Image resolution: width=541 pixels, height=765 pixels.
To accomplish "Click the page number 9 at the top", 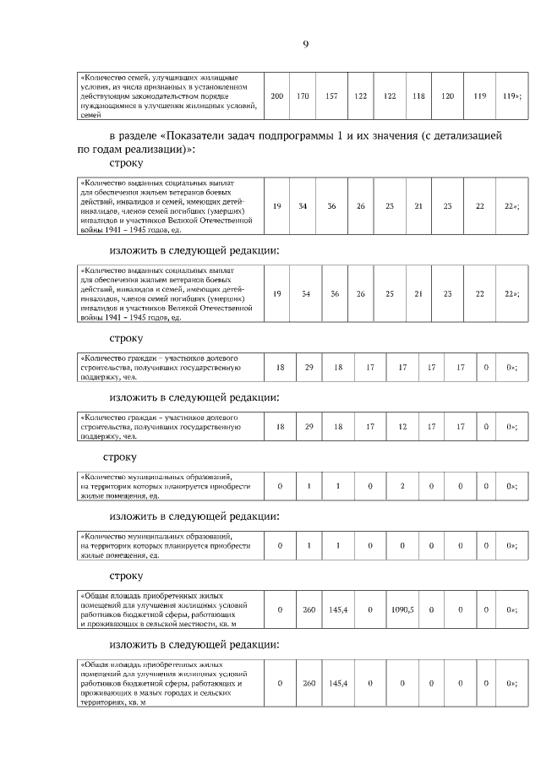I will coord(305,45).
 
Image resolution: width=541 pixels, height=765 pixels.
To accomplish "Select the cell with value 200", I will coord(277,96).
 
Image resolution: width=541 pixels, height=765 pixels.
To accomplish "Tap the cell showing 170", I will coord(303,96).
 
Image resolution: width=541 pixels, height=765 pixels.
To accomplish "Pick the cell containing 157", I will coord(331,96).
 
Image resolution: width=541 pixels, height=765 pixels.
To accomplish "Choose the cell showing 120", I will coord(448,96).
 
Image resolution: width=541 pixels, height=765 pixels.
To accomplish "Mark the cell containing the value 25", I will coord(390,293).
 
